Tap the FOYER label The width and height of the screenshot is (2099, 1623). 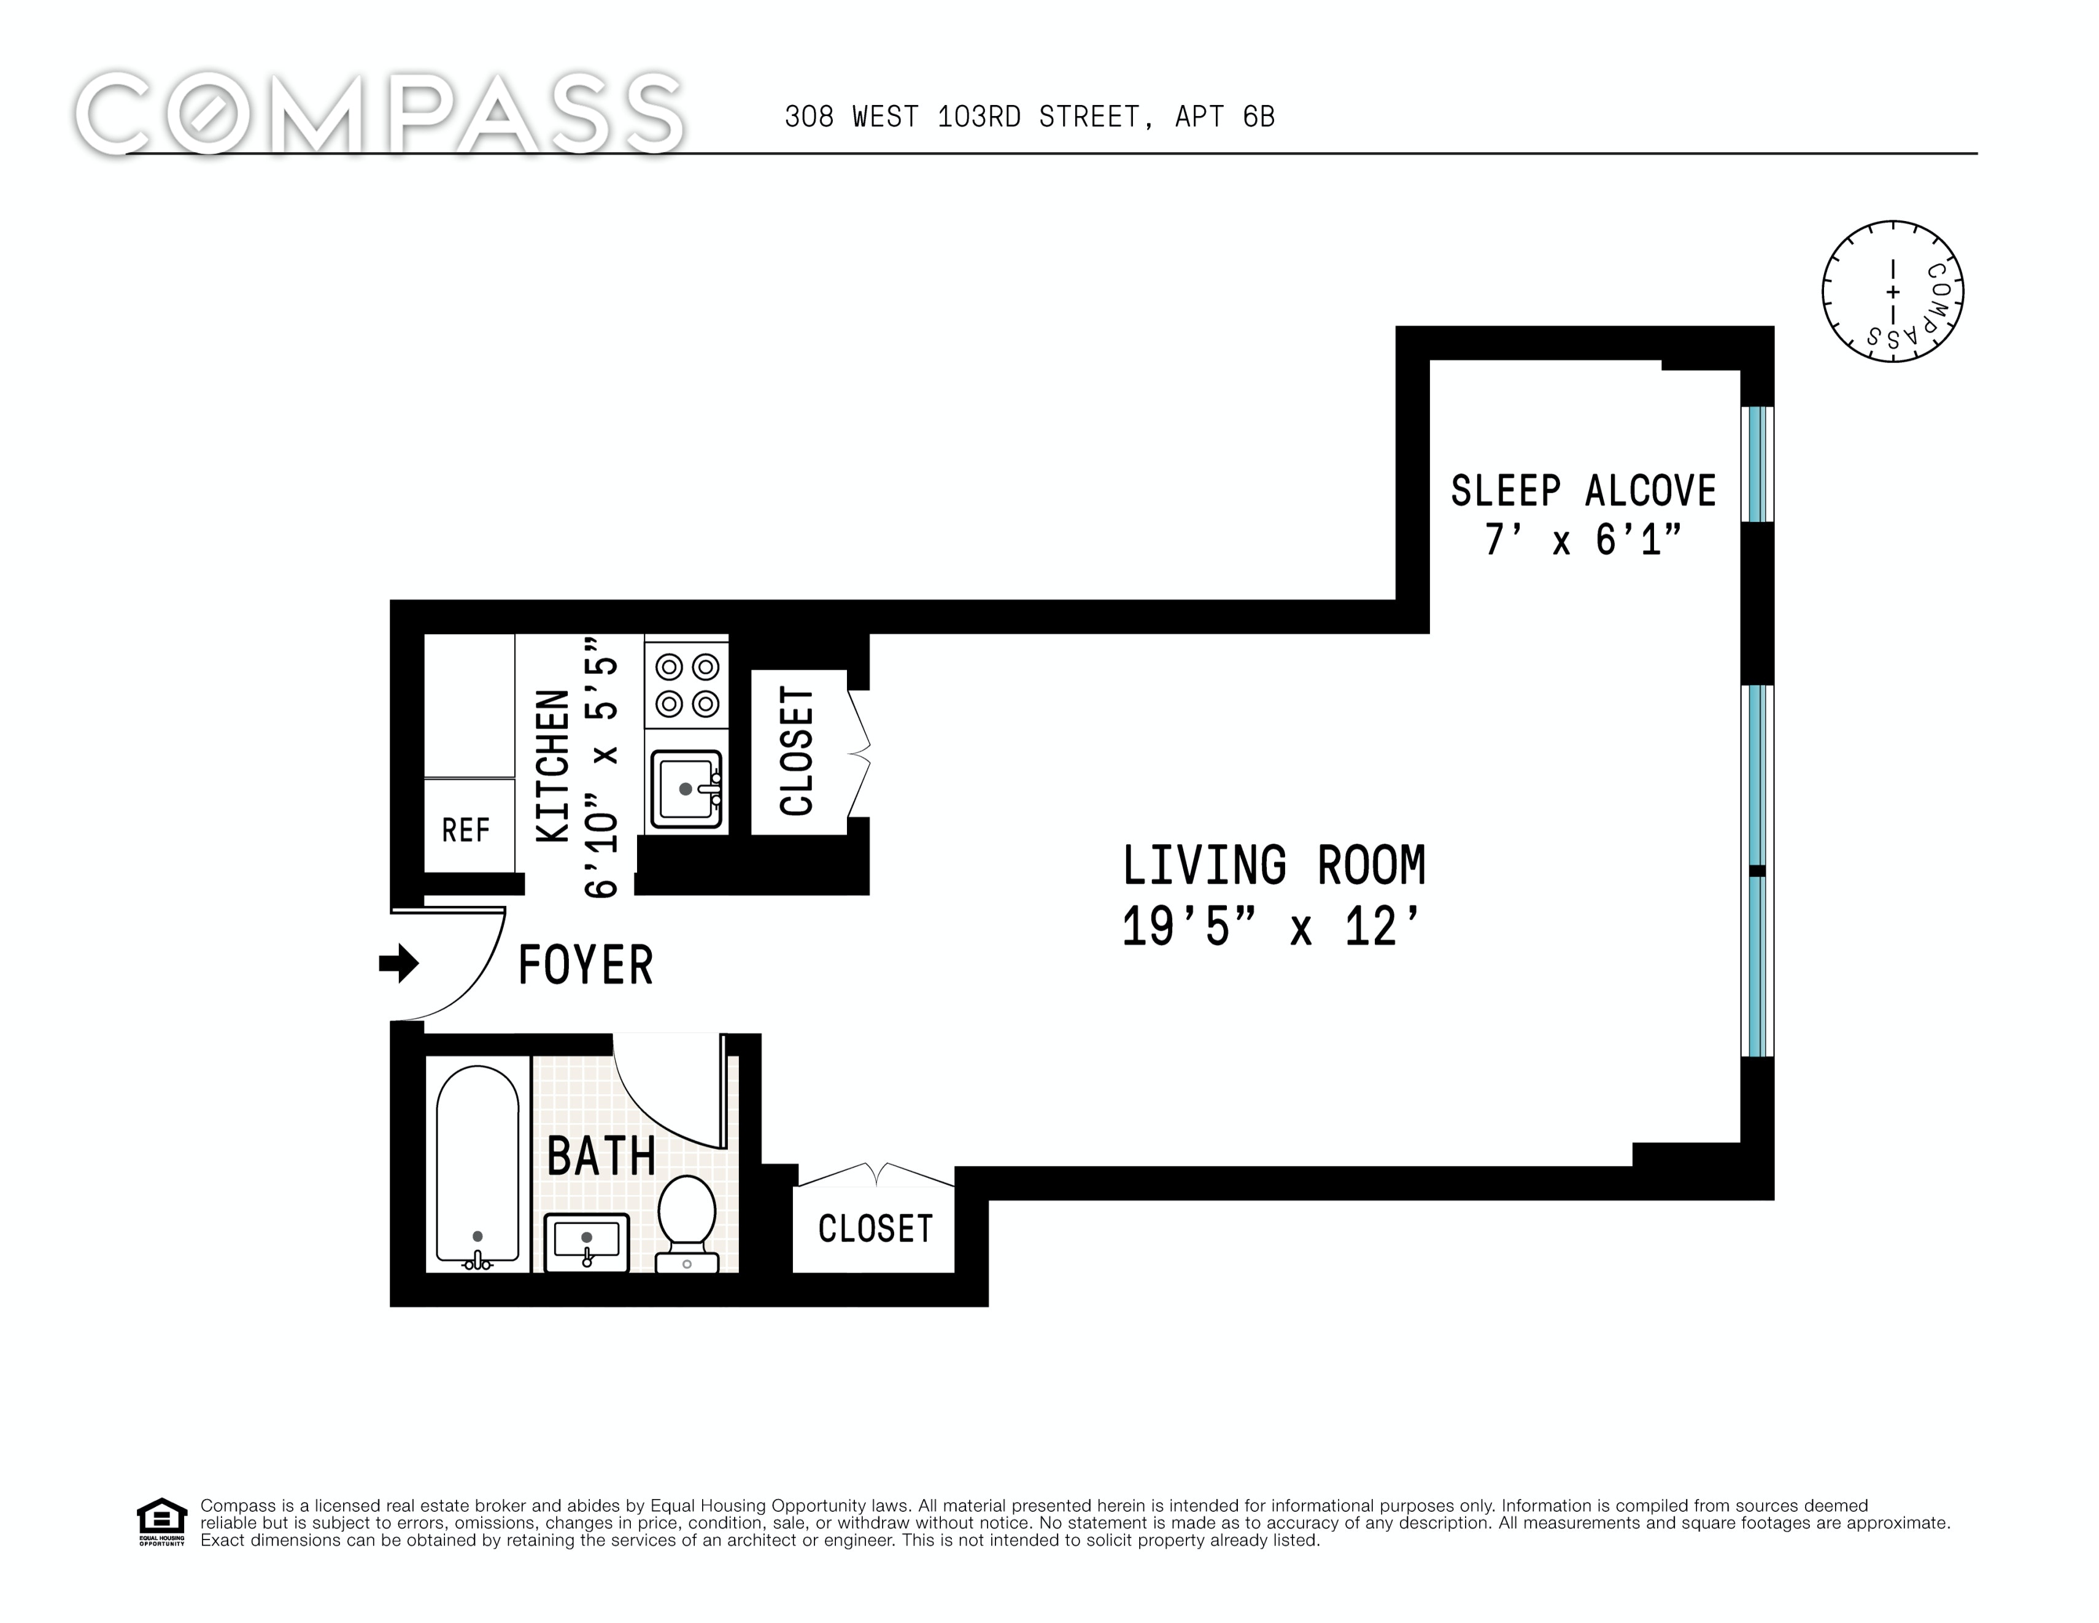[586, 966]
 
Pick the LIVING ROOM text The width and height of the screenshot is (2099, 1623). [1274, 866]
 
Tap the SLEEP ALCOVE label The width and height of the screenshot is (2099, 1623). [1583, 491]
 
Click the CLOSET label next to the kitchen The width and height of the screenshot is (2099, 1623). [797, 751]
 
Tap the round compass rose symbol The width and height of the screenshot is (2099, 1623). [1892, 292]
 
